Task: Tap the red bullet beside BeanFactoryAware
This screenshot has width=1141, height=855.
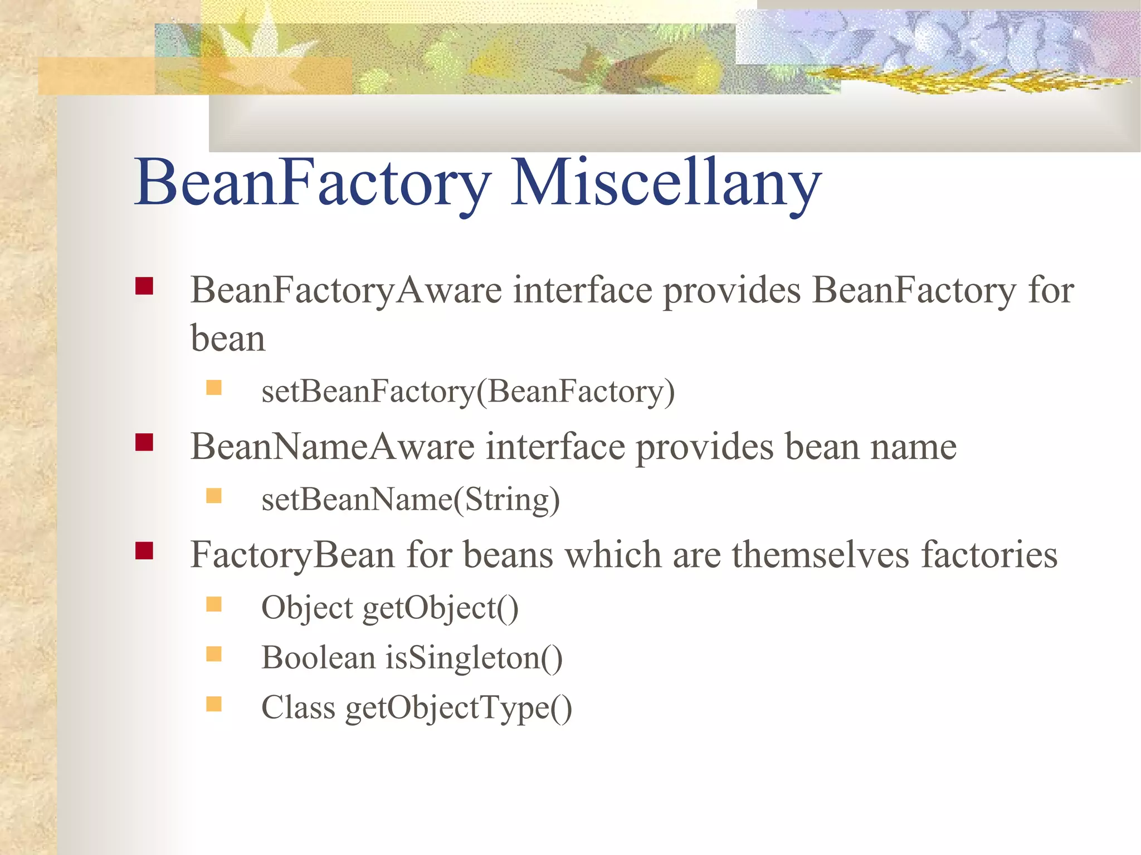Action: pos(144,286)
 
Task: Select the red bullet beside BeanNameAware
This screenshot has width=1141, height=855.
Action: pos(144,442)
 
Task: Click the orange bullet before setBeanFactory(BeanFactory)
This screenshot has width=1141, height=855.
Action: pos(214,387)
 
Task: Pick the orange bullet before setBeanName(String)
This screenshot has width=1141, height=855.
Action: pos(214,495)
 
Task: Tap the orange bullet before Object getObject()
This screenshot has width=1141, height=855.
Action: pos(214,604)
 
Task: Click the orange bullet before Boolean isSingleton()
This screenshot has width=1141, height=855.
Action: pos(214,653)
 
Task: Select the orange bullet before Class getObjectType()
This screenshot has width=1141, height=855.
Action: pos(214,703)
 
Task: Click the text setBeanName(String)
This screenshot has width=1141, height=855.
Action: pos(411,499)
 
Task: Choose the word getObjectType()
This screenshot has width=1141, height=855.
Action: pos(459,708)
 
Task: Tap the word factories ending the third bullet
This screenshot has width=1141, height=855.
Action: pos(989,555)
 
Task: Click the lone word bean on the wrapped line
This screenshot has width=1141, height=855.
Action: pos(228,338)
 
